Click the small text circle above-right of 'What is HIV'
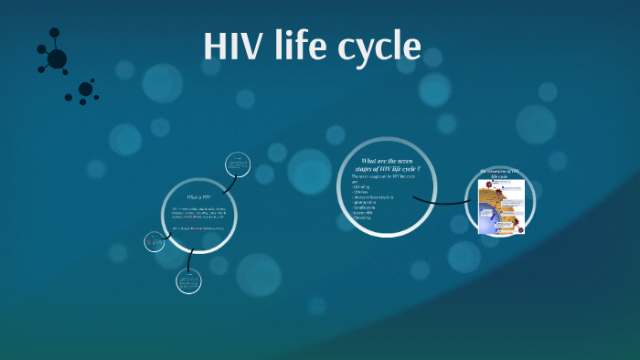[x=239, y=164]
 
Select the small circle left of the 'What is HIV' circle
[x=154, y=242]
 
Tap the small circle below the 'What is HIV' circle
[x=189, y=281]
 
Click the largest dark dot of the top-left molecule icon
[x=57, y=58]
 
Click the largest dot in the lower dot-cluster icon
[x=85, y=90]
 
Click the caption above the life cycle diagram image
[x=500, y=173]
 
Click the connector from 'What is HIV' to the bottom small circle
[x=189, y=259]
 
